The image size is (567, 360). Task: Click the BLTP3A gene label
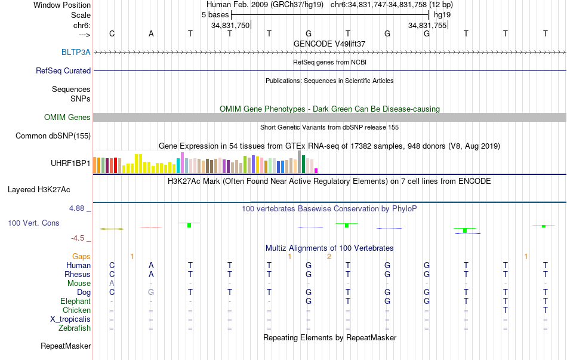pyautogui.click(x=76, y=52)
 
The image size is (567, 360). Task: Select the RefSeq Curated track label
pyautogui.click(x=63, y=70)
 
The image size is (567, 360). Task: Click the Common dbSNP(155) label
pyautogui.click(x=53, y=136)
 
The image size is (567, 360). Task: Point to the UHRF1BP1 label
pyautogui.click(x=70, y=163)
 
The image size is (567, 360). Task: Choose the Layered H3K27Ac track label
pyautogui.click(x=39, y=190)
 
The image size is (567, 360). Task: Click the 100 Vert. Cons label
pyautogui.click(x=33, y=223)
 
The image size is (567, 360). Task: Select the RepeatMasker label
pyautogui.click(x=66, y=346)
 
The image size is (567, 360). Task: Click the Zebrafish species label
pyautogui.click(x=75, y=328)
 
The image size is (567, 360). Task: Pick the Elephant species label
pyautogui.click(x=75, y=301)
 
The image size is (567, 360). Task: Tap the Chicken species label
pyautogui.click(x=76, y=310)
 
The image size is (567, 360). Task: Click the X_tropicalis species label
pyautogui.click(x=70, y=319)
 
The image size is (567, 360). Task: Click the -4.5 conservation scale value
pyautogui.click(x=78, y=238)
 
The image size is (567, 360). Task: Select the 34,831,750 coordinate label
pyautogui.click(x=230, y=26)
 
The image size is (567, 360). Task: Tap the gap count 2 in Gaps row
pyautogui.click(x=329, y=256)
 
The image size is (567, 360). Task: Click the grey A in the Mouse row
pyautogui.click(x=112, y=284)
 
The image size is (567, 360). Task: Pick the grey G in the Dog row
pyautogui.click(x=151, y=293)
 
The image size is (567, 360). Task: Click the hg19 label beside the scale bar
pyautogui.click(x=442, y=14)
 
